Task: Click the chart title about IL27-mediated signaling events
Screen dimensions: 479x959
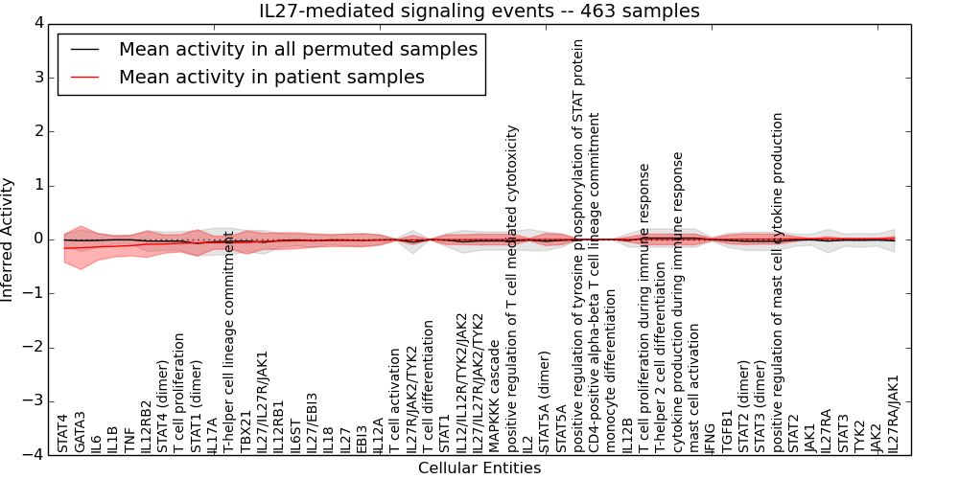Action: [479, 11]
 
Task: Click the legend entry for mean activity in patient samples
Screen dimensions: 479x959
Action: [271, 77]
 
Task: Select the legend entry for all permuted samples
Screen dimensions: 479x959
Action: [298, 49]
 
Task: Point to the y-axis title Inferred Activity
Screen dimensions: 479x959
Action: [9, 239]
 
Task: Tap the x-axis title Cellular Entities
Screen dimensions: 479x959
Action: [479, 468]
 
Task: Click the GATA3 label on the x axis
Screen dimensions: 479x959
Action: [80, 432]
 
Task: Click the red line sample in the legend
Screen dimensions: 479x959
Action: [86, 77]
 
